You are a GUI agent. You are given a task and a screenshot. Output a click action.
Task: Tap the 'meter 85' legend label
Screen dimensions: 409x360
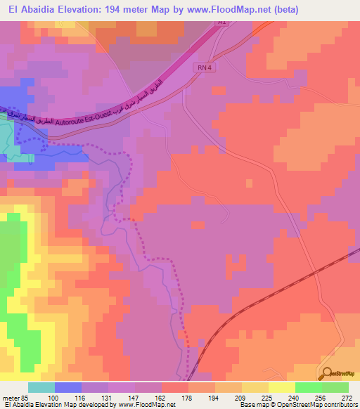[x=16, y=398]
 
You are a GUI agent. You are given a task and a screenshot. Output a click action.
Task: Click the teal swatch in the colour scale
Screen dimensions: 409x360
[x=41, y=387]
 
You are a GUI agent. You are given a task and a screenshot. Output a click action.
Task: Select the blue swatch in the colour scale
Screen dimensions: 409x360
[x=68, y=387]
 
